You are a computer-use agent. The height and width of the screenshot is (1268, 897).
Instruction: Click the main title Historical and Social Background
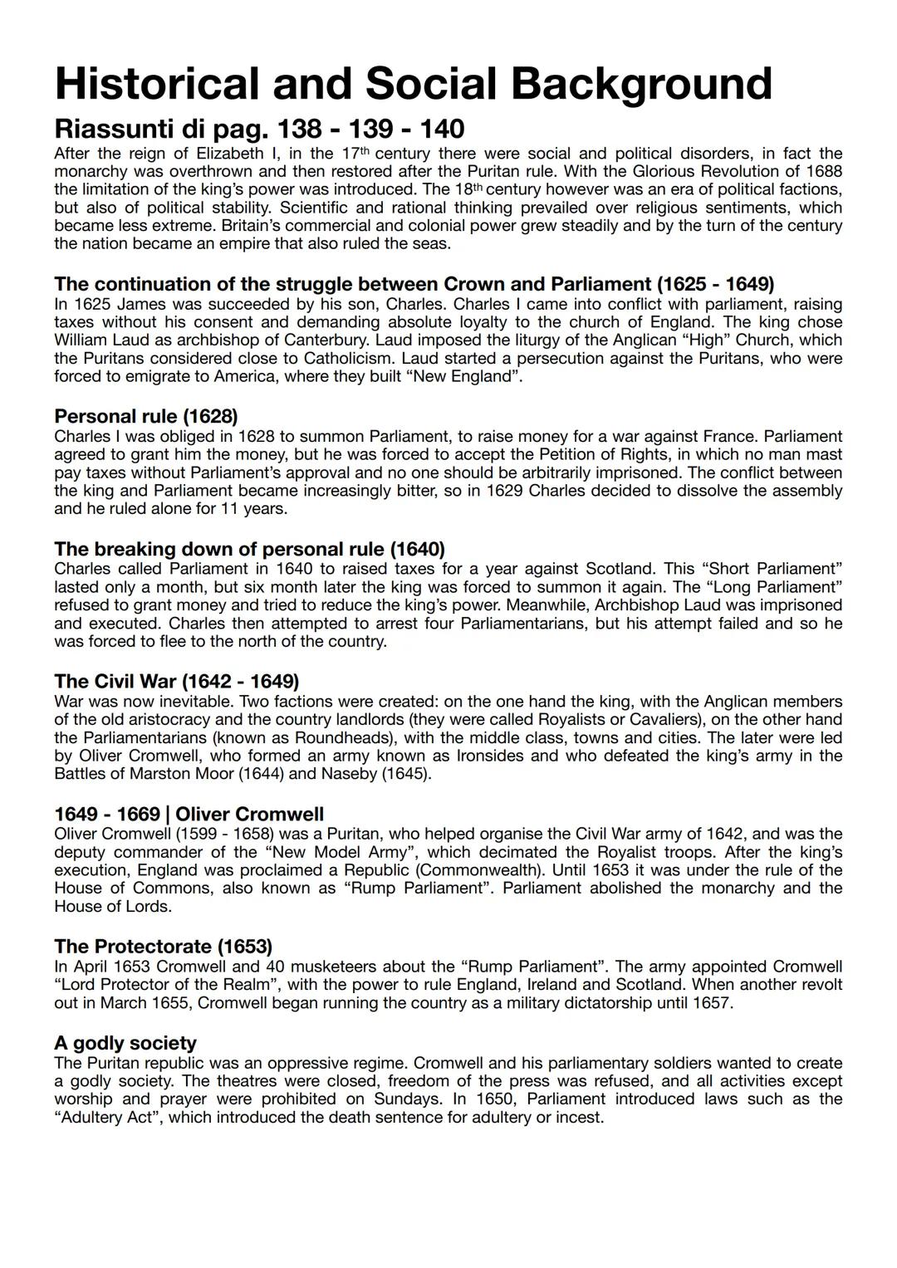pos(413,84)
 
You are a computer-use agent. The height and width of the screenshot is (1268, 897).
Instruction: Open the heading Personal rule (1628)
pos(146,415)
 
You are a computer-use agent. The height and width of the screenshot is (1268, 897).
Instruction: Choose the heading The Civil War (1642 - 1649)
pos(176,682)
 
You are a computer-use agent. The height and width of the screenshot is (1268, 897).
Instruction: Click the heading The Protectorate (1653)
pos(163,947)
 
